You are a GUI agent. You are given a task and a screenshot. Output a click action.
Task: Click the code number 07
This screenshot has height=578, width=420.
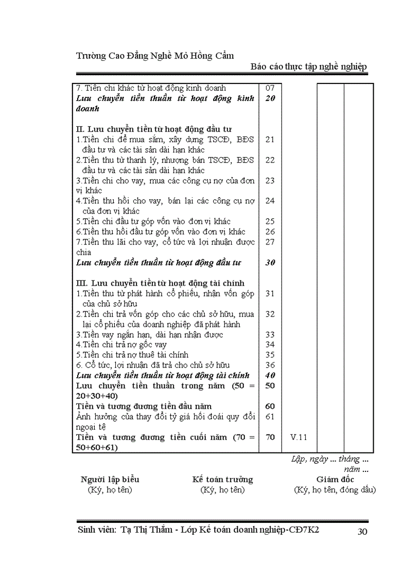270,88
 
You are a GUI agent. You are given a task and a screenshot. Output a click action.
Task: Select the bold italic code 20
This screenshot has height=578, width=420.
270,98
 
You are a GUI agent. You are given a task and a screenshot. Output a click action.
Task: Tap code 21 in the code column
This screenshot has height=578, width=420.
270,139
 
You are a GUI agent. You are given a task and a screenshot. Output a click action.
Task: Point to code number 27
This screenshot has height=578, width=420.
270,242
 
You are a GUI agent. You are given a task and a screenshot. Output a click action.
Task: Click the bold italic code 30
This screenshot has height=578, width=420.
270,262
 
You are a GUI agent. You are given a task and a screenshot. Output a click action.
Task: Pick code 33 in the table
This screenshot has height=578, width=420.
270,335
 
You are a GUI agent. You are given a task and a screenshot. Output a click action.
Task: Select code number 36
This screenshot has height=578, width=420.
270,365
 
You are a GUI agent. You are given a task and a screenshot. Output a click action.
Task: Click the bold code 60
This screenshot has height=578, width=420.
270,406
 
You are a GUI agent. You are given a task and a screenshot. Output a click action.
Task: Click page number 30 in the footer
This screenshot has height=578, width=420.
362,532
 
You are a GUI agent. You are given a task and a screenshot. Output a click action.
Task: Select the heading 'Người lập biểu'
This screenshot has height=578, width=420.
110,479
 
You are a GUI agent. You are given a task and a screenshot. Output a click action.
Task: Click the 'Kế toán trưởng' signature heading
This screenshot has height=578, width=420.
222,479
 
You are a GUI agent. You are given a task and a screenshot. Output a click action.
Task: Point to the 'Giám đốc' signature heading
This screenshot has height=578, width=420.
335,479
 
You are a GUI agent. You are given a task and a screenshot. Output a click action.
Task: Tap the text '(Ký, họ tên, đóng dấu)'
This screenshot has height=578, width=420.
335,489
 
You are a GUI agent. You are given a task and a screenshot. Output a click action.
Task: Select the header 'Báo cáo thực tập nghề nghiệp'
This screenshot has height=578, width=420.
309,67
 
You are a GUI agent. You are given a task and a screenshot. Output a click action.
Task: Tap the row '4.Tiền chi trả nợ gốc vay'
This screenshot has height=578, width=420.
121,344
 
